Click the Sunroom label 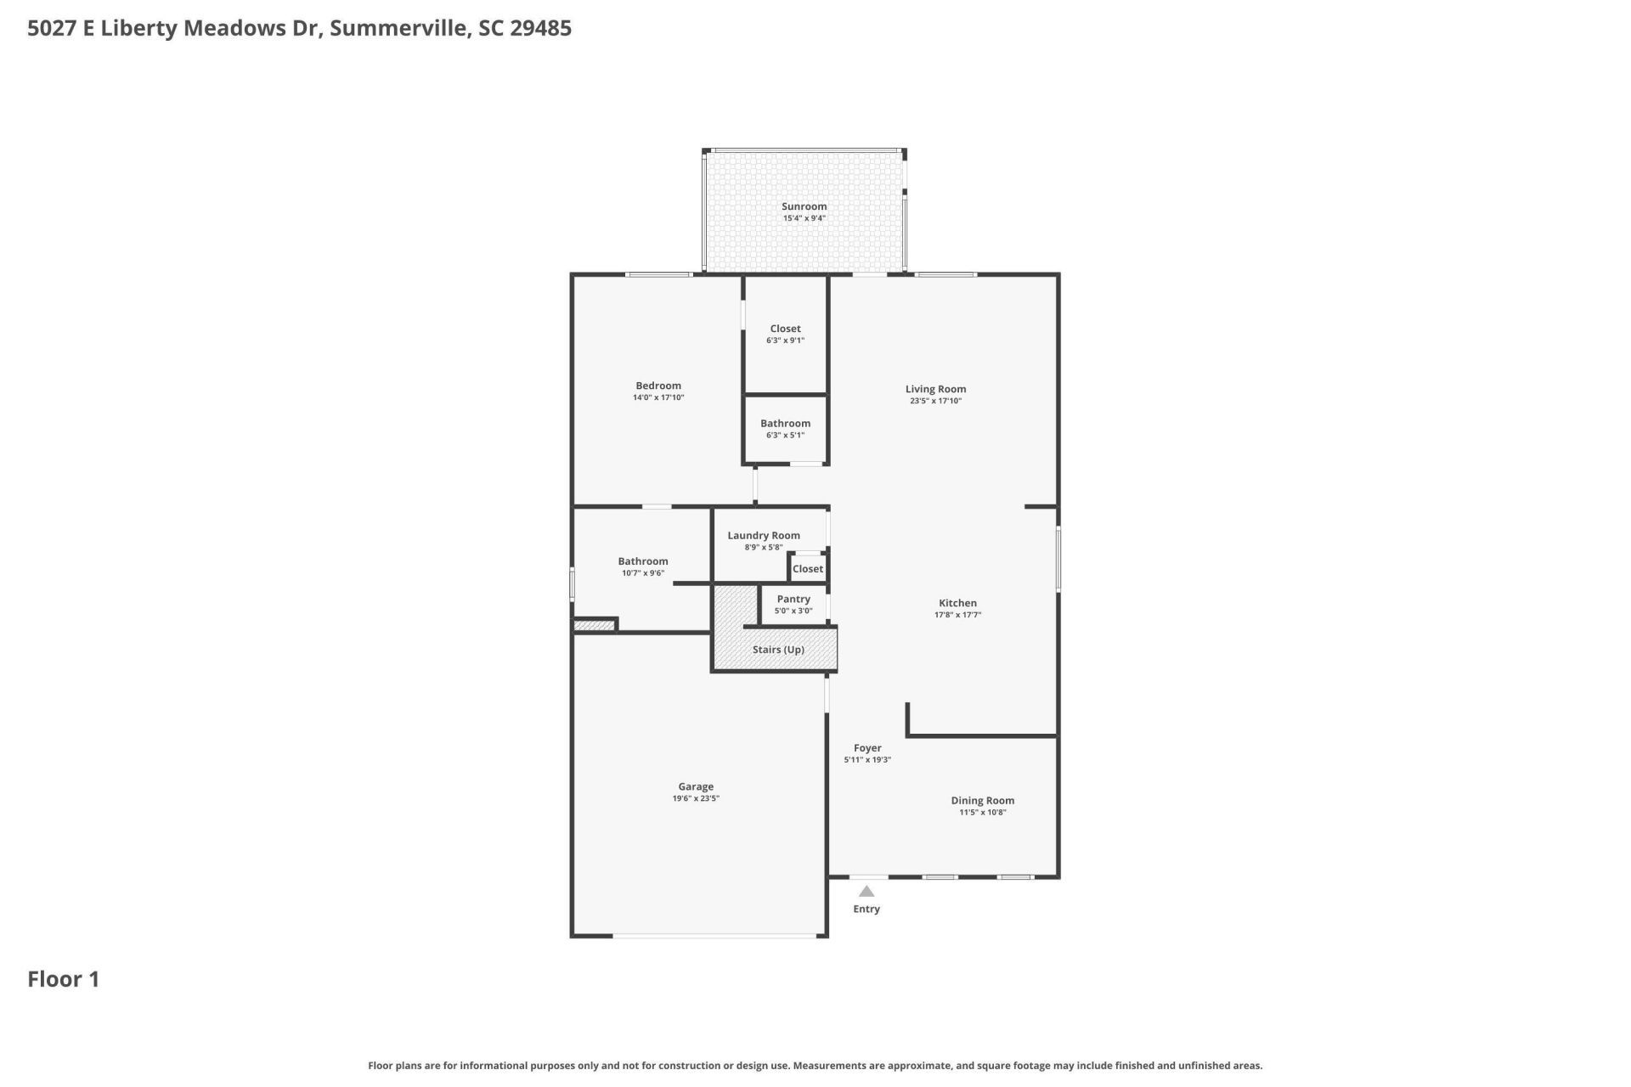[804, 206]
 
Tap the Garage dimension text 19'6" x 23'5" [696, 798]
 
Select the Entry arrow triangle [866, 892]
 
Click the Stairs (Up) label [778, 650]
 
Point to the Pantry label [793, 599]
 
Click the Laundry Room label [763, 535]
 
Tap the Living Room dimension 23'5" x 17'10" [935, 401]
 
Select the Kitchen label [957, 603]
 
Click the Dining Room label [982, 800]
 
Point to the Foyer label [867, 748]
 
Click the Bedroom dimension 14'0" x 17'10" [658, 397]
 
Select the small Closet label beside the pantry [807, 569]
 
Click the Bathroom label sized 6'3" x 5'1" [785, 423]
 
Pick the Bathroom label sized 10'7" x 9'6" [642, 561]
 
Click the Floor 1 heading [64, 979]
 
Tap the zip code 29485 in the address [540, 28]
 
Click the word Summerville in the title [398, 28]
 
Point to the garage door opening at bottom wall [714, 936]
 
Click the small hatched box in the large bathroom [594, 627]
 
